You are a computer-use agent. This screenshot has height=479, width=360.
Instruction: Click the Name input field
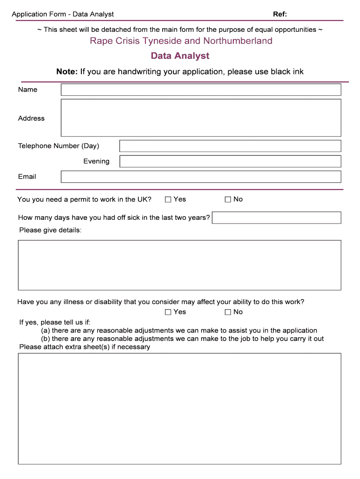click(201, 90)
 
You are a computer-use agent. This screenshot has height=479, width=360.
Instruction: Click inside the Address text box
click(201, 117)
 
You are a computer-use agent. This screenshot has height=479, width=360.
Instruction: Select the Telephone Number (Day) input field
click(230, 146)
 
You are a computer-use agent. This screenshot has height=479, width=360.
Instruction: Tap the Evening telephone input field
click(230, 161)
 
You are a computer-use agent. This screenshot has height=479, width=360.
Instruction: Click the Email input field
click(201, 177)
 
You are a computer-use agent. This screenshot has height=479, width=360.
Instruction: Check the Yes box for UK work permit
click(168, 200)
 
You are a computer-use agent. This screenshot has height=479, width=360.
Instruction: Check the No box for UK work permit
click(228, 200)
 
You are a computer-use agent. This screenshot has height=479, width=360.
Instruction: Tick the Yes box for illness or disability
click(168, 312)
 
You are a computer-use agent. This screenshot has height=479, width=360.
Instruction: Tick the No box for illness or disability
click(228, 312)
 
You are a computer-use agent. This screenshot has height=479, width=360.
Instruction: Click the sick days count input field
click(276, 218)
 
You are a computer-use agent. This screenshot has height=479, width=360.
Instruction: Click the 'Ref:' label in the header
click(280, 14)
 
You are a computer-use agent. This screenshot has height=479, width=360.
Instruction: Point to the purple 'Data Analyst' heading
click(180, 56)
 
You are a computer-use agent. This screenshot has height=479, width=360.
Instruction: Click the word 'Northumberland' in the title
click(238, 41)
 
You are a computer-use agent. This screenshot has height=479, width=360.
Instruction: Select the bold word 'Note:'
click(66, 72)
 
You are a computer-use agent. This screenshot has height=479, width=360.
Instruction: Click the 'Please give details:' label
click(50, 230)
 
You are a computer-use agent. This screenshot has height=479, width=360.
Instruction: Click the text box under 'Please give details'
click(180, 265)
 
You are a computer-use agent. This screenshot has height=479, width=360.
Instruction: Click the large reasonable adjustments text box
click(180, 409)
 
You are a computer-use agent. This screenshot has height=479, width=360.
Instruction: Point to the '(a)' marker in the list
click(45, 331)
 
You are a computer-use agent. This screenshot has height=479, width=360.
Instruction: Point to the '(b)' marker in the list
click(45, 339)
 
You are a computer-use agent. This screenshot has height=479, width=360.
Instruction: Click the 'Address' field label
click(31, 118)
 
